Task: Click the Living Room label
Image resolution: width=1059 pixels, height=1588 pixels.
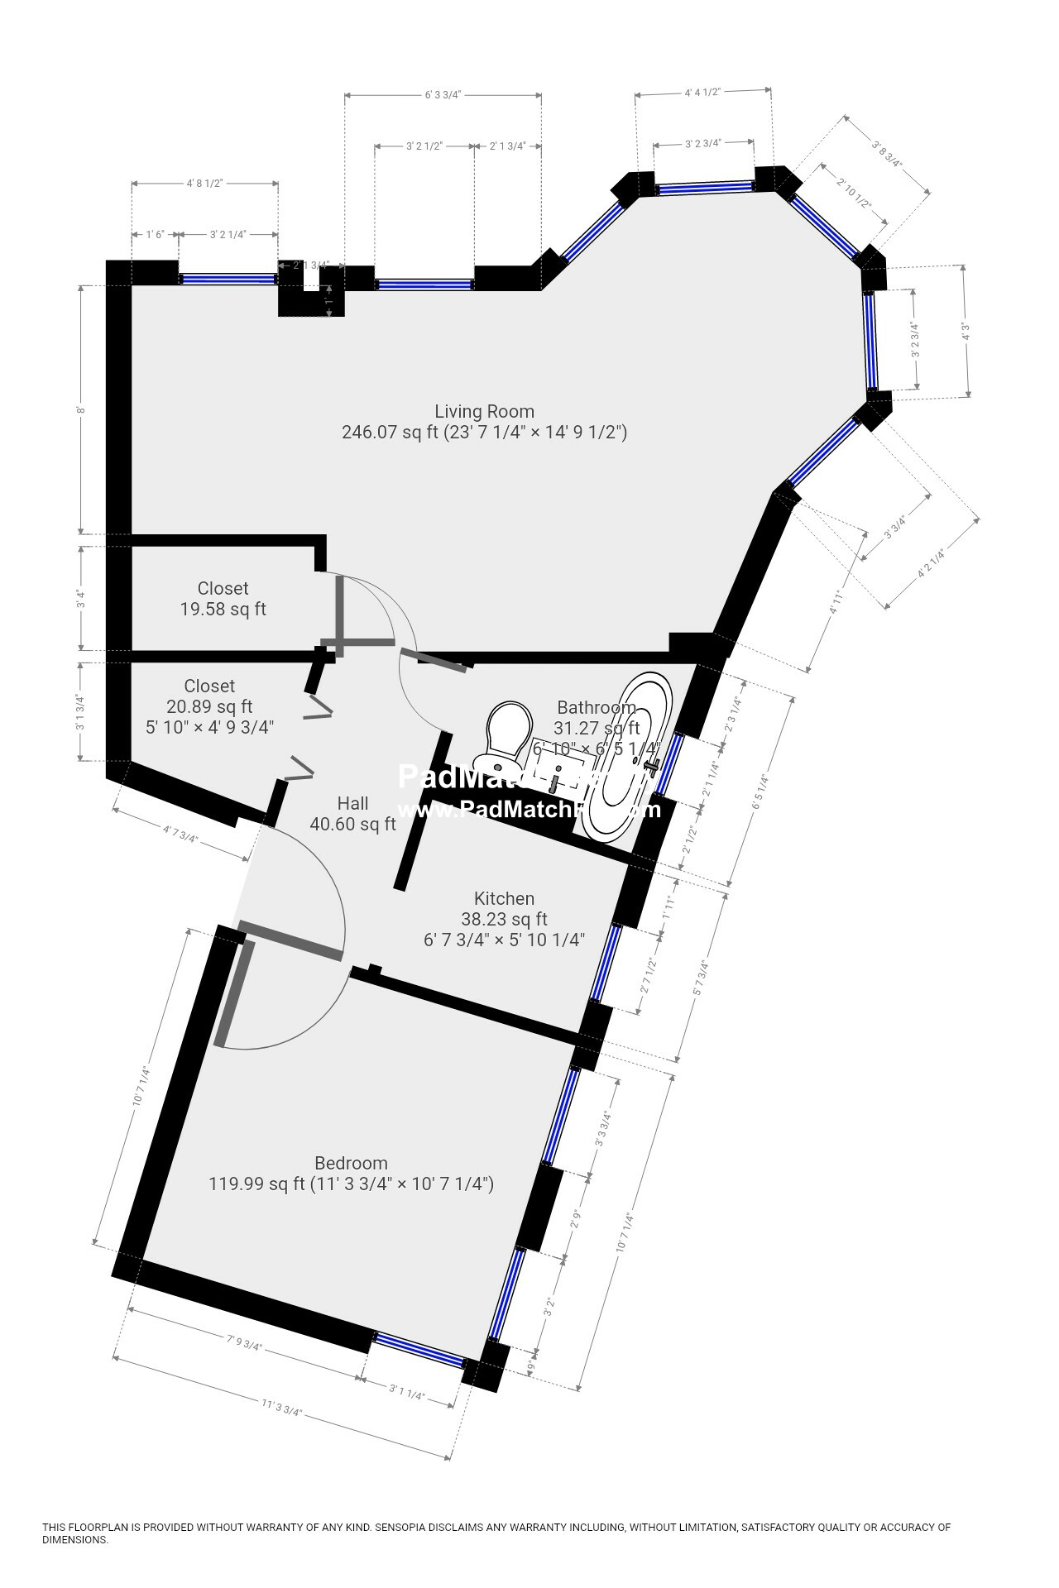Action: [x=484, y=411]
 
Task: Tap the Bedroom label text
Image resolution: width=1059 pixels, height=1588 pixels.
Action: [x=351, y=1163]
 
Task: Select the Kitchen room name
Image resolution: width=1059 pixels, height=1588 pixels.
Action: [x=504, y=898]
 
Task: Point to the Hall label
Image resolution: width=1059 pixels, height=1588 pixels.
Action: [x=352, y=803]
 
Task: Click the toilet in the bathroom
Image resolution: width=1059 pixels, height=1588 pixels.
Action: [x=504, y=733]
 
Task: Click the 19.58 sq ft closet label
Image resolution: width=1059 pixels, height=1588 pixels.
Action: [x=223, y=610]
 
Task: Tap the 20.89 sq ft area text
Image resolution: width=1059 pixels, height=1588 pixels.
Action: [x=209, y=707]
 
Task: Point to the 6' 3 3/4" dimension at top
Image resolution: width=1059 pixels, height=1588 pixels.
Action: [x=443, y=95]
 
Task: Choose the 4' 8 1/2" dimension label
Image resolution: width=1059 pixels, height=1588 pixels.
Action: [x=204, y=183]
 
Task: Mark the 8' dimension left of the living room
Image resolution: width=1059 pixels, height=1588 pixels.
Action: [x=81, y=409]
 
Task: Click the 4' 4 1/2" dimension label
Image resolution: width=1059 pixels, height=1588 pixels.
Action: [x=703, y=93]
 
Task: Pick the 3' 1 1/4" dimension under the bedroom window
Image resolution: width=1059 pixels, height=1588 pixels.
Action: [x=406, y=1396]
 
